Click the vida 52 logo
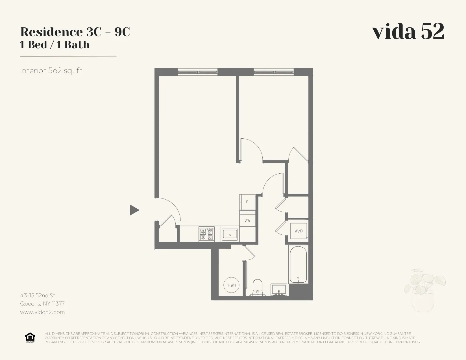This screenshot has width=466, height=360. tap(408, 31)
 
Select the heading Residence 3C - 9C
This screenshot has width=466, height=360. tap(75, 32)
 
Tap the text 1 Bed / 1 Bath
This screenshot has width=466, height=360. tap(55, 45)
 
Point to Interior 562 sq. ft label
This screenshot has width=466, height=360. tap(51, 71)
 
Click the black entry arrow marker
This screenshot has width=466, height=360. tap(134, 210)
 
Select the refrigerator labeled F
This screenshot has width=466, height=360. tap(247, 202)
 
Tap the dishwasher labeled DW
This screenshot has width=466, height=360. tap(247, 220)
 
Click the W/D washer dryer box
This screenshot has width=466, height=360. tap(299, 231)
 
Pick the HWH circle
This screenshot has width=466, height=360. tap(232, 285)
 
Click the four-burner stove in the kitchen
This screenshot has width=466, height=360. tap(206, 234)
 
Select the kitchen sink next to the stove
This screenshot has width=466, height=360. tap(230, 234)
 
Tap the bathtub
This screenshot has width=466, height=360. tap(298, 264)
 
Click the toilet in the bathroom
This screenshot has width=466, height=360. tap(258, 287)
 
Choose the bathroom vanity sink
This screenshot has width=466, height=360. tap(279, 290)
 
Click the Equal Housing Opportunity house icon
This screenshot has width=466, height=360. tap(30, 337)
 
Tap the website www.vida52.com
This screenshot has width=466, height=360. tap(42, 312)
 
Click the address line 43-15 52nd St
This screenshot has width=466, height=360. tap(38, 296)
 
